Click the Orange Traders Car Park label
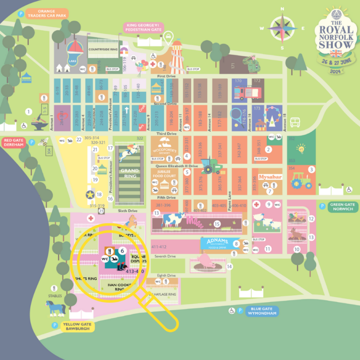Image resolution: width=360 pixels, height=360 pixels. click(x=47, y=14)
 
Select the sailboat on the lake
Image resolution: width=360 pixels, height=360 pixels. click(x=75, y=46)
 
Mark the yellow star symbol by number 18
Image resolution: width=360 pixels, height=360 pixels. click(x=90, y=194)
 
